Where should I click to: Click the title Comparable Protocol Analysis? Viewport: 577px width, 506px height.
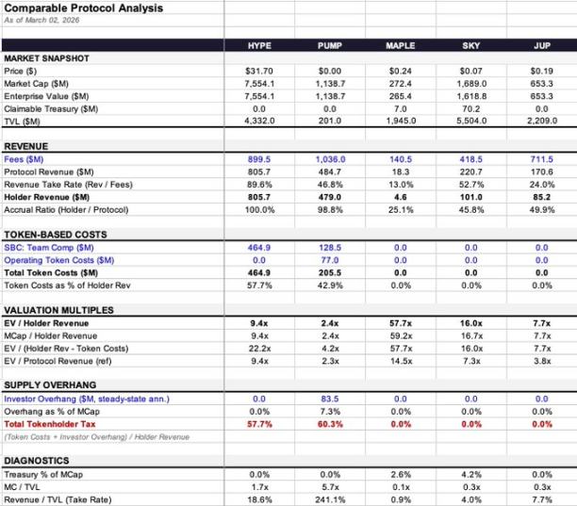[84, 8]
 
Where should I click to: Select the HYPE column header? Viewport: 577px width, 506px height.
[259, 45]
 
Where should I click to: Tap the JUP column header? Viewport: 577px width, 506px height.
[541, 45]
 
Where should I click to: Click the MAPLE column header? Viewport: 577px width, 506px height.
[401, 45]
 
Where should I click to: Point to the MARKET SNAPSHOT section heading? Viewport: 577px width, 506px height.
[47, 58]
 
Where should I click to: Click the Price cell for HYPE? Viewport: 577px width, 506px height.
[259, 71]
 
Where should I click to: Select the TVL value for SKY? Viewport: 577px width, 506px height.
[470, 122]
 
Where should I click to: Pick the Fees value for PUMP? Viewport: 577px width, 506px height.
[331, 160]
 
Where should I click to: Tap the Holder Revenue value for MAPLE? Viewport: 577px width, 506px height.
[401, 197]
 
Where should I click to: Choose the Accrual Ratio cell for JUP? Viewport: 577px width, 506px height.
[541, 209]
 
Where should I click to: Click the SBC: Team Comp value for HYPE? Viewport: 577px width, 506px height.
[259, 247]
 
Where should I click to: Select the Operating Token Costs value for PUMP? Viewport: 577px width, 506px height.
[331, 259]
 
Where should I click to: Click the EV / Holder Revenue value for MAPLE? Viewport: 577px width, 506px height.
[401, 322]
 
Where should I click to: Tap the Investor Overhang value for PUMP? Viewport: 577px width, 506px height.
[331, 399]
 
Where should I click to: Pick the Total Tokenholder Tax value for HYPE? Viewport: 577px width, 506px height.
[259, 424]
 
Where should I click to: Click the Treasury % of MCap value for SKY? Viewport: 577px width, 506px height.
[470, 474]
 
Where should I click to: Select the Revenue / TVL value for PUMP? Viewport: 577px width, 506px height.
[331, 499]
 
